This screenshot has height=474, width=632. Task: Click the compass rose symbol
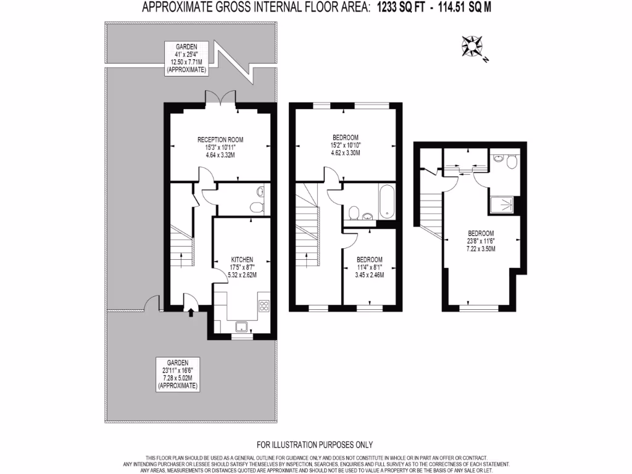pos(472,47)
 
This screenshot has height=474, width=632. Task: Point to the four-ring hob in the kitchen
pos(264,305)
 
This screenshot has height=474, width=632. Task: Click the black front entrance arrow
pos(190,313)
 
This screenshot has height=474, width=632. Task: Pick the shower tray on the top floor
pos(503,204)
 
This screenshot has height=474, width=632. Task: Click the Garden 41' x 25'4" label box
pos(186,59)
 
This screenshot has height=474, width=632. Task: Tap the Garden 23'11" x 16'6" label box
pos(178,374)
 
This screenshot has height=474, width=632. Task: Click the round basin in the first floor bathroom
pos(368,216)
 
